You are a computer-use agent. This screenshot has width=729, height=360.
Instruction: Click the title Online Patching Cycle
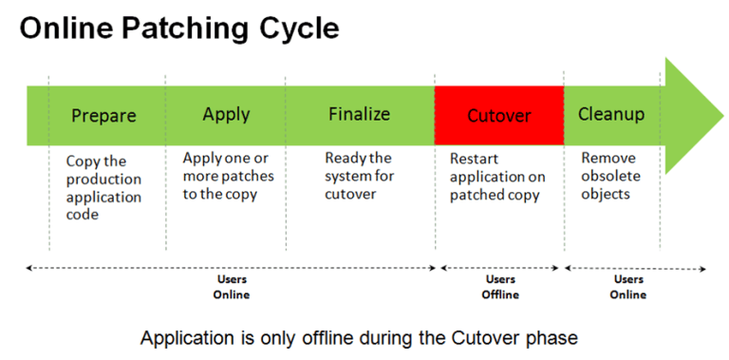[179, 28]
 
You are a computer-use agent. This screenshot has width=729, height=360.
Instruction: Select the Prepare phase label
[104, 116]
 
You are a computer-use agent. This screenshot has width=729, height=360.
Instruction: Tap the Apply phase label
[226, 114]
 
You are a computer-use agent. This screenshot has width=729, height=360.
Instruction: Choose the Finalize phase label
[359, 114]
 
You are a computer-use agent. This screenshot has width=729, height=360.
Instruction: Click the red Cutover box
[499, 115]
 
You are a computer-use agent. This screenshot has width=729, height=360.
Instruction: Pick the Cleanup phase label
[611, 114]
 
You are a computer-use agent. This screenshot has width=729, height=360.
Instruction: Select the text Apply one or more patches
[228, 176]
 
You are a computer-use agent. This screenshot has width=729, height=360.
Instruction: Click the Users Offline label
[500, 287]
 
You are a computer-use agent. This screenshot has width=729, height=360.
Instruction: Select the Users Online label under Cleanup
[628, 287]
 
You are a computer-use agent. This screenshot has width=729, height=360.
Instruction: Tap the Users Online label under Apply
[231, 287]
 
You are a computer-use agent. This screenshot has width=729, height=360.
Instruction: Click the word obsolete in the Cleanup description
[610, 177]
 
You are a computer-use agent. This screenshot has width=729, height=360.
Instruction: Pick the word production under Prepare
[103, 180]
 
